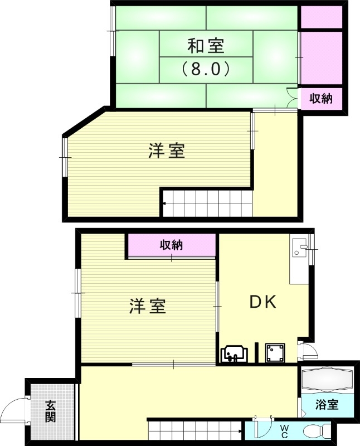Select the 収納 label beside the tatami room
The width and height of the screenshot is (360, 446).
[x=321, y=99]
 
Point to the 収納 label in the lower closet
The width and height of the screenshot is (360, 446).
[x=172, y=244]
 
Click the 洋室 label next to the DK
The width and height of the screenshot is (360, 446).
[x=148, y=306]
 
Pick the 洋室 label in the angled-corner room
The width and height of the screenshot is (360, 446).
[x=167, y=151]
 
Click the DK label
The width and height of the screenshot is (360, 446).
[x=262, y=302]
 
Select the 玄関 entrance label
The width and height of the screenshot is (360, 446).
[x=51, y=411]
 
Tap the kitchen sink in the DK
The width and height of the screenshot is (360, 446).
[x=299, y=249]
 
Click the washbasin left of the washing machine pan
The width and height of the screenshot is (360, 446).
[x=234, y=354]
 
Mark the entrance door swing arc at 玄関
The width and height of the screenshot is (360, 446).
[x=14, y=410]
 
